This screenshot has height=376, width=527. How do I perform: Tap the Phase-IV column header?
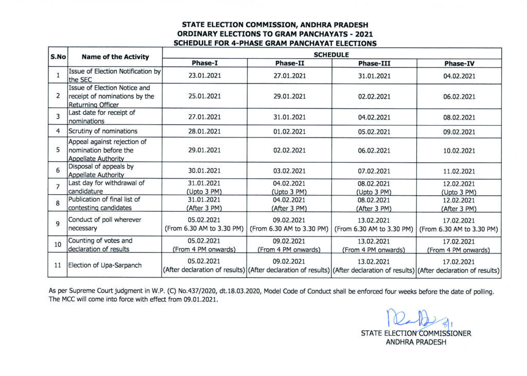tap(459, 63)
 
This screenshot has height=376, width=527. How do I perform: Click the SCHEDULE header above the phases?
tap(332, 54)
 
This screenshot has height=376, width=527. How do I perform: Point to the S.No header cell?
tap(58, 58)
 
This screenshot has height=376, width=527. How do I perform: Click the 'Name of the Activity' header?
tap(115, 58)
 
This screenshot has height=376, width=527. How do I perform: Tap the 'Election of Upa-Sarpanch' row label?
tap(104, 266)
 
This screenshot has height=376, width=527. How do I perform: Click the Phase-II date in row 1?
tap(290, 76)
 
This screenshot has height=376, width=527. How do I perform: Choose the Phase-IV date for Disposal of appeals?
tap(459, 170)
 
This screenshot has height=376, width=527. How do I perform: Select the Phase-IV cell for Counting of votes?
tap(459, 245)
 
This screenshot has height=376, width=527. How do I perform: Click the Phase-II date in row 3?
tap(290, 117)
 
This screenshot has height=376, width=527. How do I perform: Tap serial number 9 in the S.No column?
tap(58, 224)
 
